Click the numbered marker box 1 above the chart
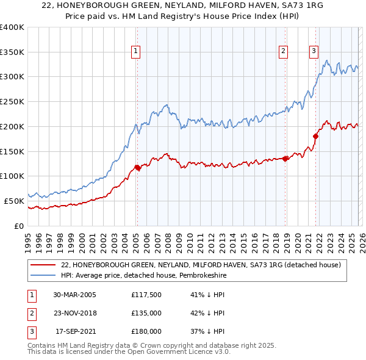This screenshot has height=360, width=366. pos(135,52)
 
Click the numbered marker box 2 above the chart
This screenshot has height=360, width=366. pos(284,52)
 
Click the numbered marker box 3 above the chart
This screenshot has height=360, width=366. pos(314,52)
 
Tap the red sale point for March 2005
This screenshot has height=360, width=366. pos(137,167)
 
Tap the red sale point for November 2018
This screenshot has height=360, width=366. pos(285,159)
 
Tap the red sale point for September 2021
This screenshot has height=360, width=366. pos(315,136)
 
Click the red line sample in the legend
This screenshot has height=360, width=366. pos(43,265)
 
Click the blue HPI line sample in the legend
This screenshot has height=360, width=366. pos(43,275)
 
